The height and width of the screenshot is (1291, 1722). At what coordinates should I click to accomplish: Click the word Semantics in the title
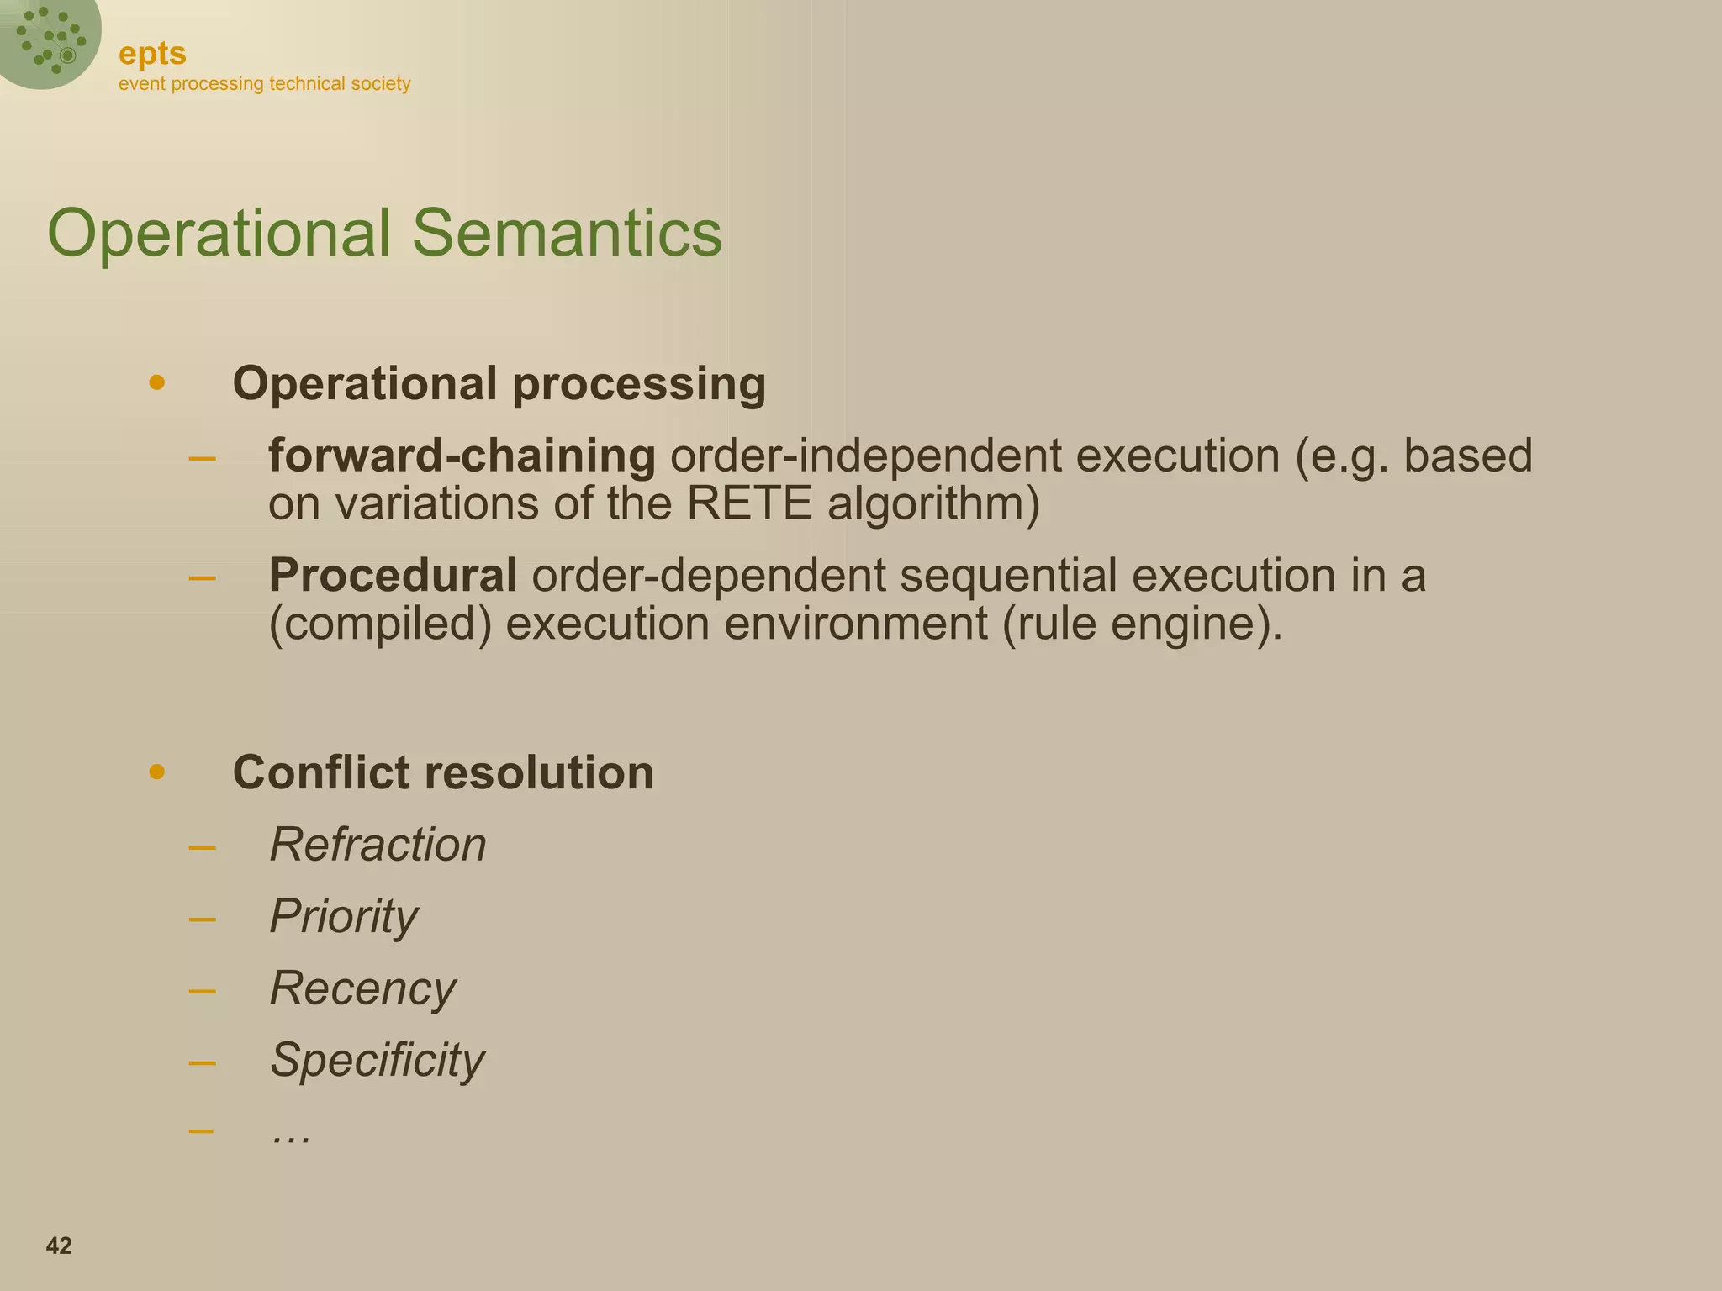tap(566, 233)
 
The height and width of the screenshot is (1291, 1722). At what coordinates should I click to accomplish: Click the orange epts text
tap(152, 54)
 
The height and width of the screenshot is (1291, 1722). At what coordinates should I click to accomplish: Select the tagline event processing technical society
tap(264, 84)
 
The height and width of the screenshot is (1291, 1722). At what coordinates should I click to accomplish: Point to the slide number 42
tap(59, 1246)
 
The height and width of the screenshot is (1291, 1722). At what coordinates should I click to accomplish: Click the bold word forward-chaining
tap(462, 456)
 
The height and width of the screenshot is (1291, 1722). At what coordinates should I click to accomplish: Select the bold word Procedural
tap(393, 576)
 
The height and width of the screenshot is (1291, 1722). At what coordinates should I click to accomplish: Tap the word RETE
tap(749, 504)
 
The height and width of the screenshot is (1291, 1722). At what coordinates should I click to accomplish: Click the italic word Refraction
tap(378, 844)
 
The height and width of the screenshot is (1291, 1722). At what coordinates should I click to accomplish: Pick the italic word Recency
tap(362, 988)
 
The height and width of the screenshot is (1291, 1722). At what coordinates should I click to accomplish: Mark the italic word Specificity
tap(377, 1059)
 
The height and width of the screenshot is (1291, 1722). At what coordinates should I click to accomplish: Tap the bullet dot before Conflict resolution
tap(156, 772)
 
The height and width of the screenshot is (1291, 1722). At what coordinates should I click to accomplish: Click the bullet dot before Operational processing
tap(156, 383)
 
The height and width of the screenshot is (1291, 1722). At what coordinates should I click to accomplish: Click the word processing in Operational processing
tap(639, 384)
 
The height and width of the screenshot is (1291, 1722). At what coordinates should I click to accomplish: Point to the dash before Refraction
tap(202, 846)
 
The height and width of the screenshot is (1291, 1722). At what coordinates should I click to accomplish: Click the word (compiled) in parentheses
tap(379, 624)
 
